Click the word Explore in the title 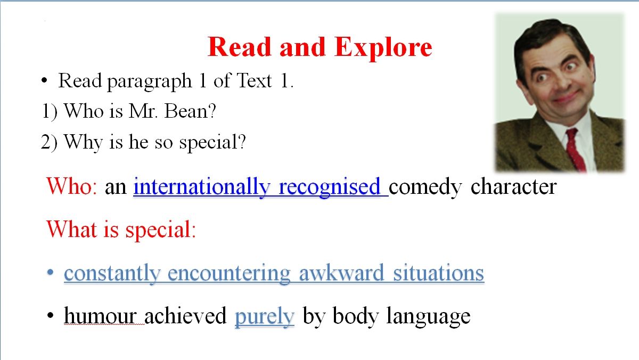coord(383,48)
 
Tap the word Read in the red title coord(239,47)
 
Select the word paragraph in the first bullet coord(149,82)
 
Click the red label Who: coord(72,186)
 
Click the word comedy coord(425,187)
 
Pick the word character coord(513,187)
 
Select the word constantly coord(112,274)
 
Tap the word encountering coord(229,274)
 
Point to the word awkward coord(341,273)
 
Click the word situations coord(438,273)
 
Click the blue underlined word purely coord(264,317)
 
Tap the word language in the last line coord(428,317)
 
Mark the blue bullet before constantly coord(50,272)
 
